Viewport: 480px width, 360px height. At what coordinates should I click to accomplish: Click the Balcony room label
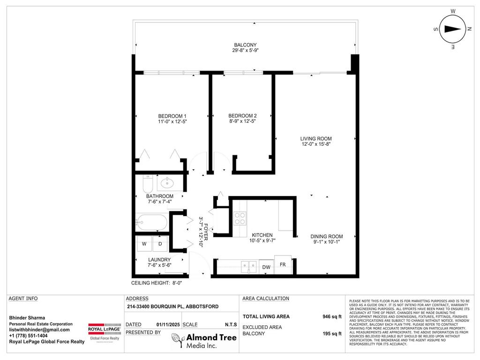(245, 45)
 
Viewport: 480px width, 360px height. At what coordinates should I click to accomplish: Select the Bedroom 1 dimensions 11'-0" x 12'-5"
(172, 122)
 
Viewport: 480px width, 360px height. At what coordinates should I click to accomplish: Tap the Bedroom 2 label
(242, 116)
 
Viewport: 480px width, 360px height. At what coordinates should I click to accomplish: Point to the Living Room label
(316, 139)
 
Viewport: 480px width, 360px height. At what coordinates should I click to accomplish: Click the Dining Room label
(327, 236)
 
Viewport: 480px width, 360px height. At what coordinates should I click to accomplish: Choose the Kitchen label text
(262, 235)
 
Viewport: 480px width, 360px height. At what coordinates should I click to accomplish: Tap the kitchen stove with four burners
(240, 218)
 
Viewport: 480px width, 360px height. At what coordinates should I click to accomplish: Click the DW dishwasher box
(266, 267)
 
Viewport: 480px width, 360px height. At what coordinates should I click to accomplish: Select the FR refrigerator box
(283, 265)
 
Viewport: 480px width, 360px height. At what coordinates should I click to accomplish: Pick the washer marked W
(144, 243)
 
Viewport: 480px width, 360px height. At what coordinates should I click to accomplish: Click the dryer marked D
(160, 243)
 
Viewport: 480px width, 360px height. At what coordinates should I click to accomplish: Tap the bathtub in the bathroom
(151, 222)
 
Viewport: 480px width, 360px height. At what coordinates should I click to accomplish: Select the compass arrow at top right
(452, 29)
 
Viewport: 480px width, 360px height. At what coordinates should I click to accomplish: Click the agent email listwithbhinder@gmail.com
(39, 330)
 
